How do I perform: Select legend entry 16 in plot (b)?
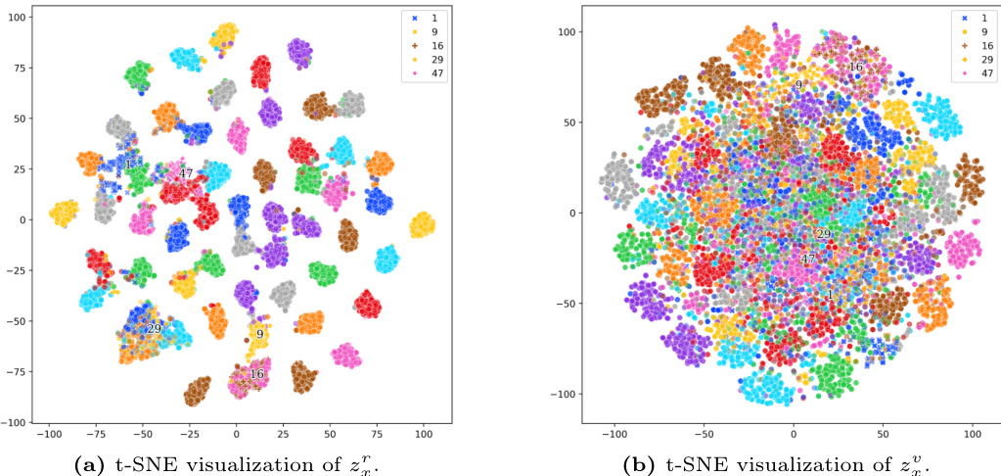point(981,46)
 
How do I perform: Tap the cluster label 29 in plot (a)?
point(154,329)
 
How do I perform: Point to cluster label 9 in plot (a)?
point(260,334)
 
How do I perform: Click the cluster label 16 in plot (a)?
point(257,373)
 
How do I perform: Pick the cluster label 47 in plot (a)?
point(185,173)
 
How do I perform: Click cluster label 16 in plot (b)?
point(856,67)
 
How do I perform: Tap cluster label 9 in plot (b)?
point(798,85)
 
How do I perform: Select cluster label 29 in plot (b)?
point(823,234)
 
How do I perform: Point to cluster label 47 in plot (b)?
point(808,260)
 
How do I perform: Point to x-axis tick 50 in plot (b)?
point(884,433)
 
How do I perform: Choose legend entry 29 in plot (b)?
point(981,60)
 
